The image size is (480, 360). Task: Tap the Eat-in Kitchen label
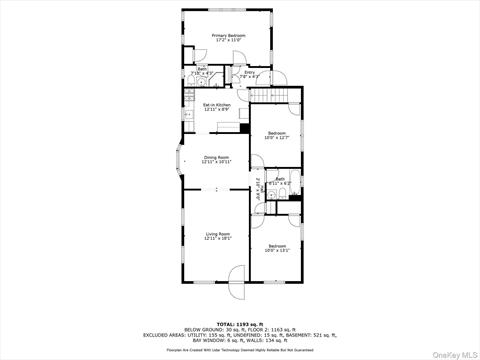click(x=217, y=104)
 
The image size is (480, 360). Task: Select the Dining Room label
click(x=217, y=157)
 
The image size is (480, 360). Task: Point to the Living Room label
click(x=217, y=233)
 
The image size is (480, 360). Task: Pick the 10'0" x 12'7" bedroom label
click(x=276, y=133)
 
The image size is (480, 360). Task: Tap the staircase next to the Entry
click(x=276, y=95)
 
